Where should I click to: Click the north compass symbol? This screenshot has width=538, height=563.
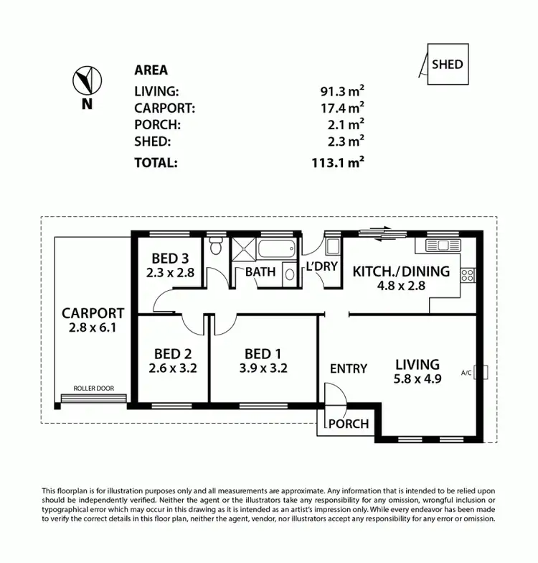87,80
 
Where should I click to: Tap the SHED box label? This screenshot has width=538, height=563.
447,64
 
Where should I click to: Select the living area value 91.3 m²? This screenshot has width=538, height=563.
342,91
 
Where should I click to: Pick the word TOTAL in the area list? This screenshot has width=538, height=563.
156,162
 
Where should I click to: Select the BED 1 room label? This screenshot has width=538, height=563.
263,353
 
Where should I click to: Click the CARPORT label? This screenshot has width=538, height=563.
93,313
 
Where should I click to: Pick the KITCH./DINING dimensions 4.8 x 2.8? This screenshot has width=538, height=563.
401,285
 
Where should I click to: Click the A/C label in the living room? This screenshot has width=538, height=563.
466,373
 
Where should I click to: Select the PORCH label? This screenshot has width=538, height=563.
348,424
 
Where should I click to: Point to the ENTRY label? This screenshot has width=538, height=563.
349,368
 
